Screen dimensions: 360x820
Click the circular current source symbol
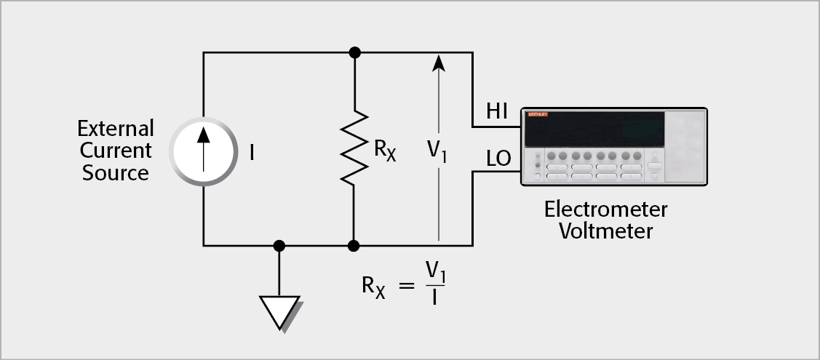204,151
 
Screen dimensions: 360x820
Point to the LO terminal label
499,158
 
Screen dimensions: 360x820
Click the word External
116,129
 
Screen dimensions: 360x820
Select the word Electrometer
605,210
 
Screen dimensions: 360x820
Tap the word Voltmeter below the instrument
605,231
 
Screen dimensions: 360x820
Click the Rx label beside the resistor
385,151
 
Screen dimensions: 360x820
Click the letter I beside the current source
252,153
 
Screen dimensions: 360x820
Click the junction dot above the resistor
354,52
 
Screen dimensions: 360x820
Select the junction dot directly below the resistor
354,246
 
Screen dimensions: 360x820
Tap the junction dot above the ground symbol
279,246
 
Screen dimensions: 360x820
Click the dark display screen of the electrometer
594,129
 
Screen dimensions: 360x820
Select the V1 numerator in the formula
435,272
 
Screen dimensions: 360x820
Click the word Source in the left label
115,173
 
